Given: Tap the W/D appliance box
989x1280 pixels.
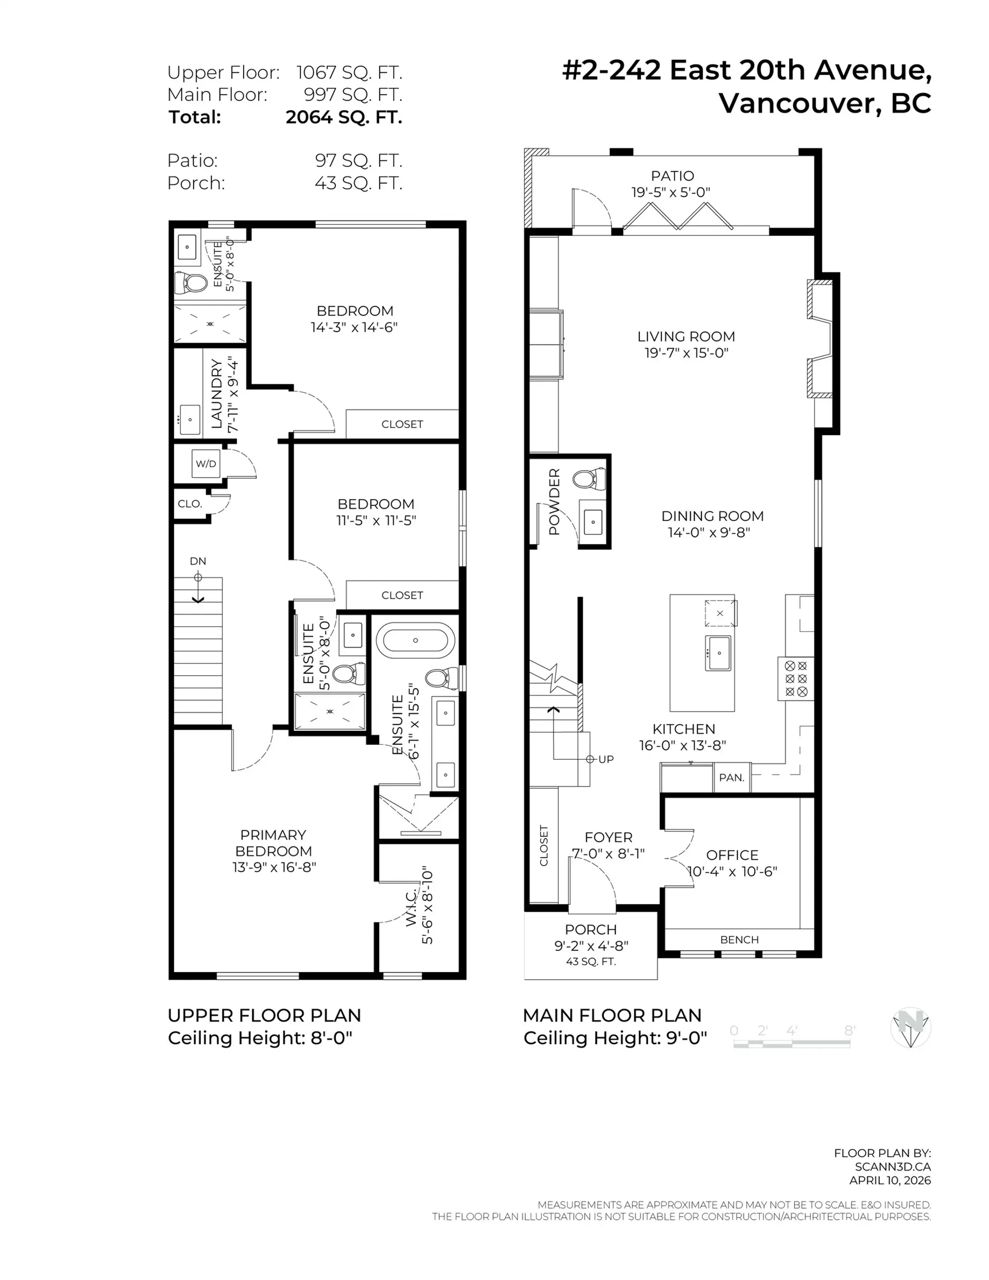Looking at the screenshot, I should (x=206, y=464).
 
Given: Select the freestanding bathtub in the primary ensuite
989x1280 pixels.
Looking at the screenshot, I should (x=415, y=640).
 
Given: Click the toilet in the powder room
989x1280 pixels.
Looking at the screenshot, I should (x=590, y=479).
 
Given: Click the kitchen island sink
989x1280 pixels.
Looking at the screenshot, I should (x=718, y=652).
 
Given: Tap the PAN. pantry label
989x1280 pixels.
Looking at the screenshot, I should (x=731, y=778).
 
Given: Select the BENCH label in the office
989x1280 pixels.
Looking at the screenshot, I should (x=739, y=940).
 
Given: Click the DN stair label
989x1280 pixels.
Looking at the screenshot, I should (x=198, y=561).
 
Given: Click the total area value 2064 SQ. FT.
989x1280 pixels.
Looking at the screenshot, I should (x=344, y=117).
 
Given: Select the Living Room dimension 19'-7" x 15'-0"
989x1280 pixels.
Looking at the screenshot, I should (x=686, y=353).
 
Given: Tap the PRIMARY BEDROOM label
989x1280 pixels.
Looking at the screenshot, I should (x=273, y=843).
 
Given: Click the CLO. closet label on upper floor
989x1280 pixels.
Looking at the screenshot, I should (x=190, y=503).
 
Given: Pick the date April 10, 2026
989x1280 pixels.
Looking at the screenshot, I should (x=890, y=1181).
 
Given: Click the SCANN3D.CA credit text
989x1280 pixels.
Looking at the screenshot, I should (x=892, y=1167).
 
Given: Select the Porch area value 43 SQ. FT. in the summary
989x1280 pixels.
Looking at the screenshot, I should (x=358, y=183).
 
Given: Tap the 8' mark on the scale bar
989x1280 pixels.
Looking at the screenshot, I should (x=849, y=1030).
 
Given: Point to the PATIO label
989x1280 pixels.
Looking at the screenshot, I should (x=672, y=176).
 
